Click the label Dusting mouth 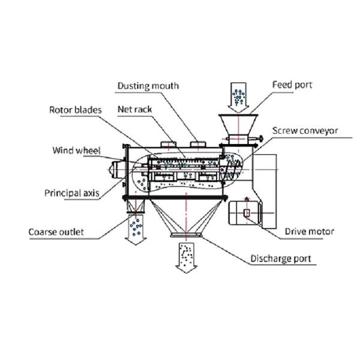(x=148, y=86)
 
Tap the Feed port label (x=292, y=85)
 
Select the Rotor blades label (x=76, y=110)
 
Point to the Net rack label (x=134, y=109)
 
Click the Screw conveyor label (x=305, y=131)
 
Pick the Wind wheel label (x=76, y=151)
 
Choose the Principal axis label (x=72, y=193)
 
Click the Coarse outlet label (x=56, y=232)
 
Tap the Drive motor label (x=309, y=232)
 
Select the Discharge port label (x=281, y=259)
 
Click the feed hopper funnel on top (x=238, y=125)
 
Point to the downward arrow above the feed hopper (x=238, y=98)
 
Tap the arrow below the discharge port (x=186, y=258)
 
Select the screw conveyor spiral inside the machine (x=232, y=169)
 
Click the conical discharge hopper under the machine (x=186, y=217)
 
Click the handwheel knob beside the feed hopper (x=260, y=139)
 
